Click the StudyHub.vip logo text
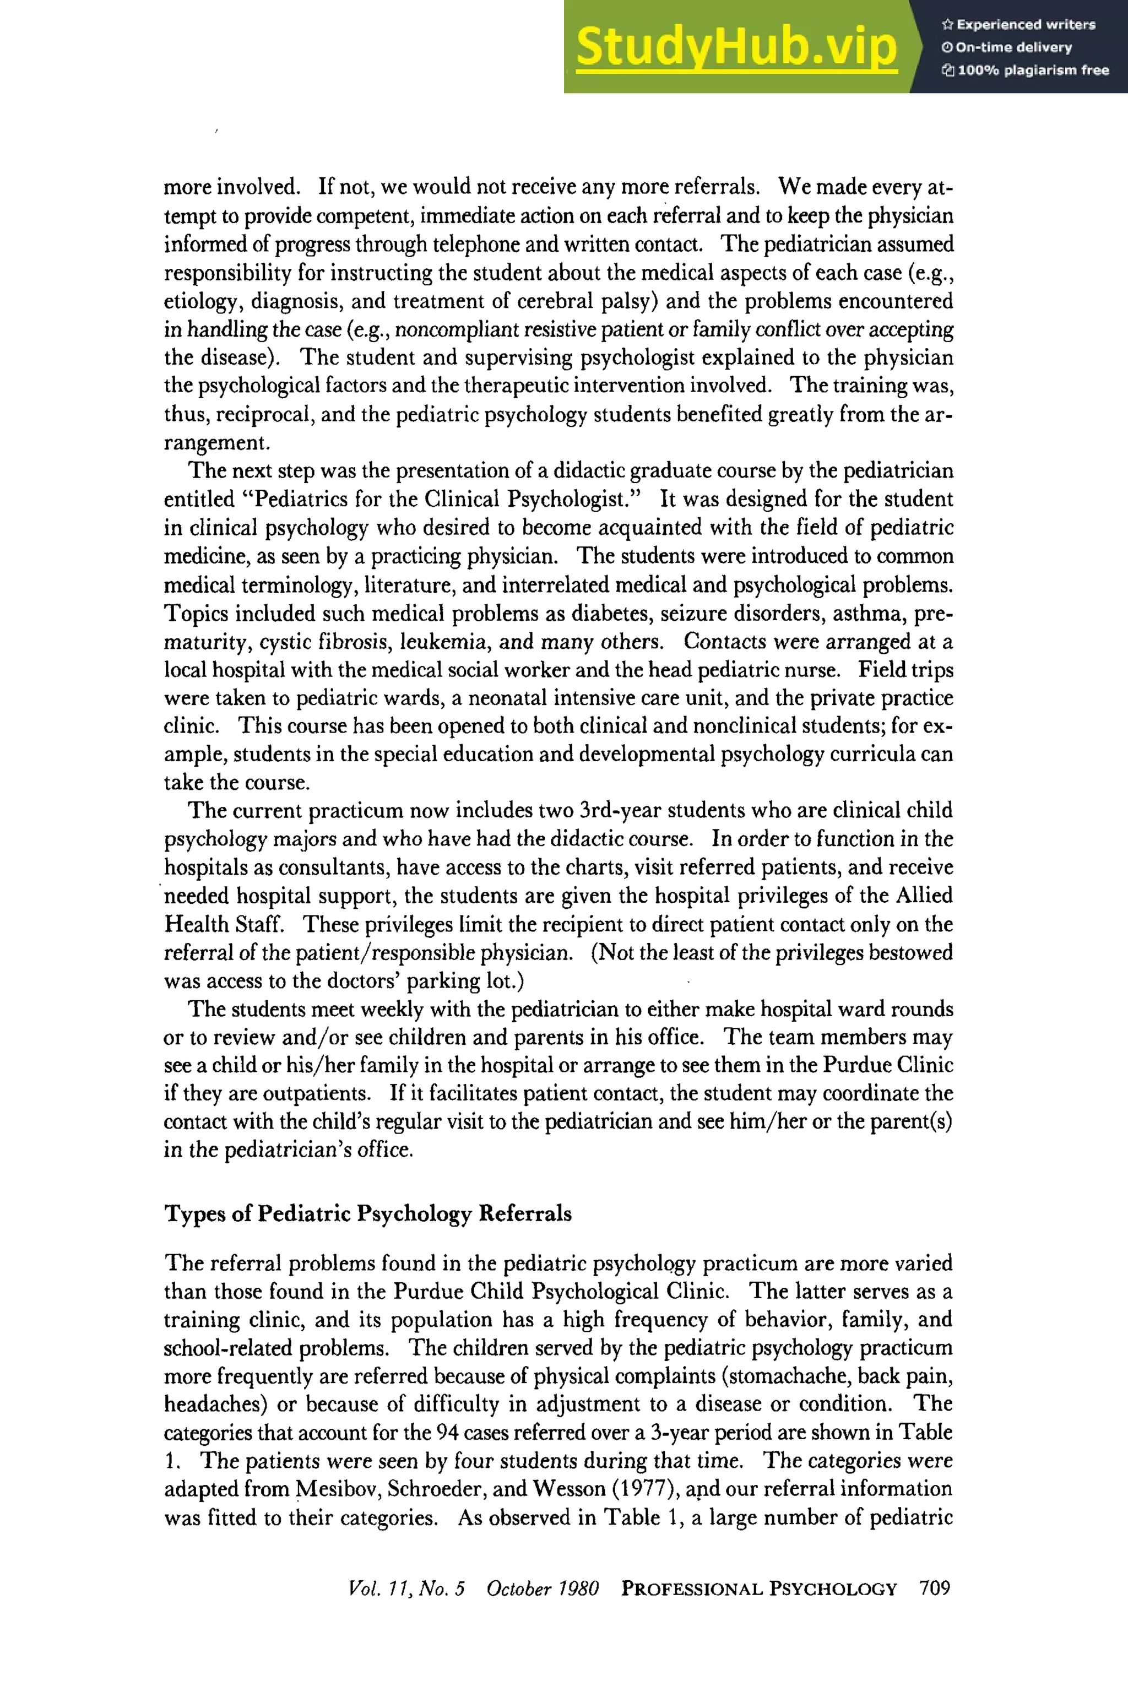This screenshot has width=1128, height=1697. click(736, 46)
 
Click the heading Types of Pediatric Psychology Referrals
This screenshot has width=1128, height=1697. click(367, 1213)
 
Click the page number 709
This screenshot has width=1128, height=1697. click(935, 1587)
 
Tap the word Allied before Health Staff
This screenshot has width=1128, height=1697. click(924, 896)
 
